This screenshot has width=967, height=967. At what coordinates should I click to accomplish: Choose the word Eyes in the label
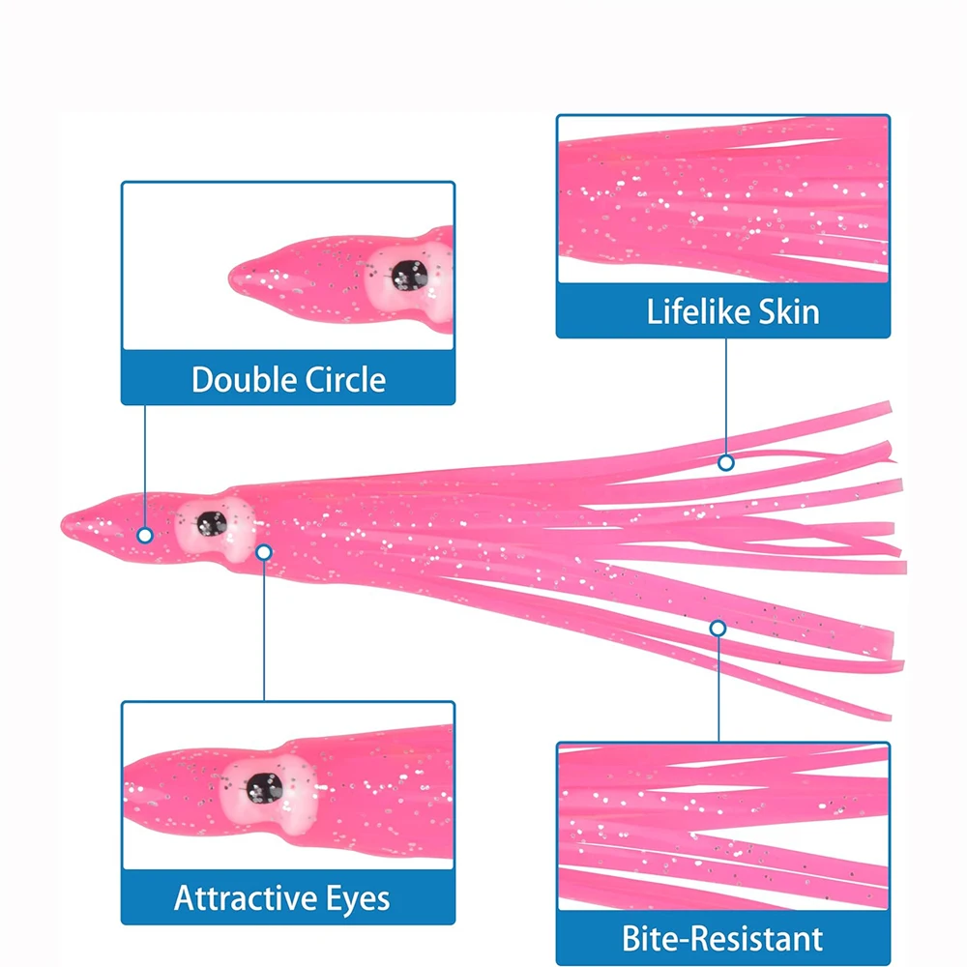(x=357, y=898)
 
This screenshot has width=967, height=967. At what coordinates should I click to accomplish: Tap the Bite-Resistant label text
(x=723, y=938)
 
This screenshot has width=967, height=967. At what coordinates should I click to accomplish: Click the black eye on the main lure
(x=210, y=524)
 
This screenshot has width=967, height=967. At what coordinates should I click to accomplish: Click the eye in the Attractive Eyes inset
(x=263, y=786)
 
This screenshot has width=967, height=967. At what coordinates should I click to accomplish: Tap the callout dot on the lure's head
(x=144, y=535)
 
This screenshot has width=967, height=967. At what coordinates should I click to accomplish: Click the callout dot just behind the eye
(x=264, y=551)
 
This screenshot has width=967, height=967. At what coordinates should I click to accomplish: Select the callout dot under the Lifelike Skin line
(x=726, y=463)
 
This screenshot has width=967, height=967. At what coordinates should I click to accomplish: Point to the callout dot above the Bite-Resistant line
(x=718, y=629)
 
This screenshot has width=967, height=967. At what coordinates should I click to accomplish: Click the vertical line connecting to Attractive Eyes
(x=264, y=629)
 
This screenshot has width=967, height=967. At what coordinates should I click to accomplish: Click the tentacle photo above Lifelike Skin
(x=723, y=198)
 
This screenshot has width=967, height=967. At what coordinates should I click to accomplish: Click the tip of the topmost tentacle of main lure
(x=887, y=406)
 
